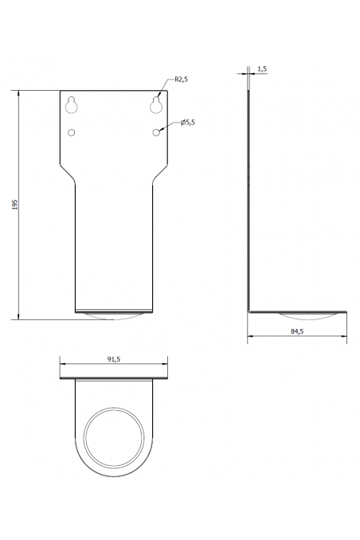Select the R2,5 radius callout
point(180,80)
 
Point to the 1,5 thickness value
point(262,69)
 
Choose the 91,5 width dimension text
point(113,359)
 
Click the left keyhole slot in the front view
point(72,104)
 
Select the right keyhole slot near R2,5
point(157,104)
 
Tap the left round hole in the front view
point(72,131)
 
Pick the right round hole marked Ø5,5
point(157,131)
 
